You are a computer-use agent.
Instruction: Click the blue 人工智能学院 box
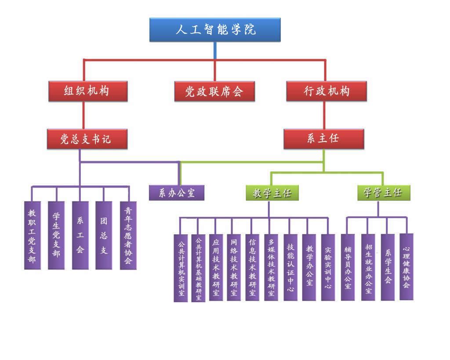[215, 30]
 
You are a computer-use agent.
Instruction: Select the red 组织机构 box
[87, 91]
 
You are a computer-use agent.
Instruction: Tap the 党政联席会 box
[214, 91]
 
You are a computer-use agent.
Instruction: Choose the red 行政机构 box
[327, 91]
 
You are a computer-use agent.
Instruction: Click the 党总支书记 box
[87, 139]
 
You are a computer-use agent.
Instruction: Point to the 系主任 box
[323, 139]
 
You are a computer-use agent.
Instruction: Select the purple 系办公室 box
[177, 193]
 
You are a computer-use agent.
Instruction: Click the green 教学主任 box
[272, 193]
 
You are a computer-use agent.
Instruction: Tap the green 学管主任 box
[384, 193]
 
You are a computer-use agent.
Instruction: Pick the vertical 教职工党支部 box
[32, 235]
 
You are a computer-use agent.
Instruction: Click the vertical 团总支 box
[104, 235]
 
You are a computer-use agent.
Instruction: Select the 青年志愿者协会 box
[128, 235]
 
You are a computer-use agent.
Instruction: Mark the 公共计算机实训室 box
[181, 268]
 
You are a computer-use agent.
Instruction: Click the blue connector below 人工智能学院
[215, 51]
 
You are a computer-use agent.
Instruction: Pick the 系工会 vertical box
[80, 235]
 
